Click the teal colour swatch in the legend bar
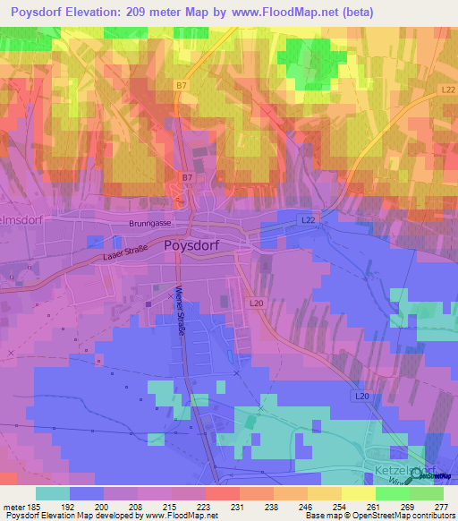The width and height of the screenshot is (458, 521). coord(52,493)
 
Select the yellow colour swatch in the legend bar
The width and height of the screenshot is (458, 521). coord(358,493)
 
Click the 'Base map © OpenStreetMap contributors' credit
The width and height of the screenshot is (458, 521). coord(379,516)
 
